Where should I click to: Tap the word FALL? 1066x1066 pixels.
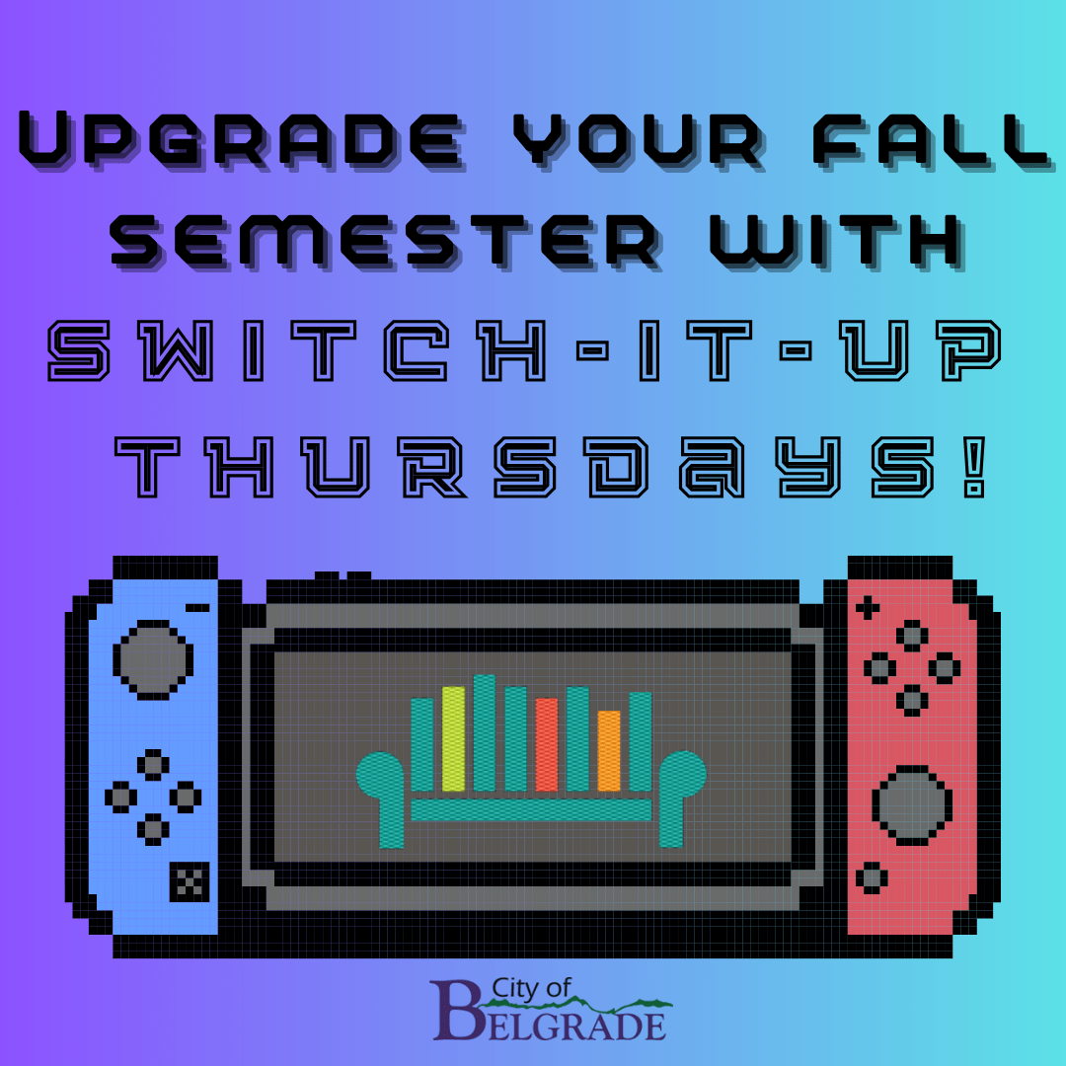tap(933, 141)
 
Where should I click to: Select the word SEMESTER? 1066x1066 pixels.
tap(386, 242)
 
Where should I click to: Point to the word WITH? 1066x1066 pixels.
tap(838, 242)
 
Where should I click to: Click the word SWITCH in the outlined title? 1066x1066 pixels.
tap(297, 350)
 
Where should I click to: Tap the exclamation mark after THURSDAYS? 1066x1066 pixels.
tap(975, 467)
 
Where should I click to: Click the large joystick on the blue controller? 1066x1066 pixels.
tap(153, 659)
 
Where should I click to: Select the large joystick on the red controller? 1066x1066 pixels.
tap(912, 805)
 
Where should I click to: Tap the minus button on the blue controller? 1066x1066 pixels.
tap(197, 608)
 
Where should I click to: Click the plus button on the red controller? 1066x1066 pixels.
tap(867, 608)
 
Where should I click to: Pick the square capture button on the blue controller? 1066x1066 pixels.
tap(189, 881)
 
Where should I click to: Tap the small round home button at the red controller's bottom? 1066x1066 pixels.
tap(872, 877)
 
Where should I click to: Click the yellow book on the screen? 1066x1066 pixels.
tap(453, 739)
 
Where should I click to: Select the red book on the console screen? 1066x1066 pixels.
tap(547, 744)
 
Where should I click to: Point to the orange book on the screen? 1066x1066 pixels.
tap(609, 750)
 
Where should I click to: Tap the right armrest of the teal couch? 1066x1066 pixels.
tap(680, 796)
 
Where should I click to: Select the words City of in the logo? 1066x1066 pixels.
tap(531, 988)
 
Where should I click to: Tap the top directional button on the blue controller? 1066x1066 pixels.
tap(153, 765)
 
